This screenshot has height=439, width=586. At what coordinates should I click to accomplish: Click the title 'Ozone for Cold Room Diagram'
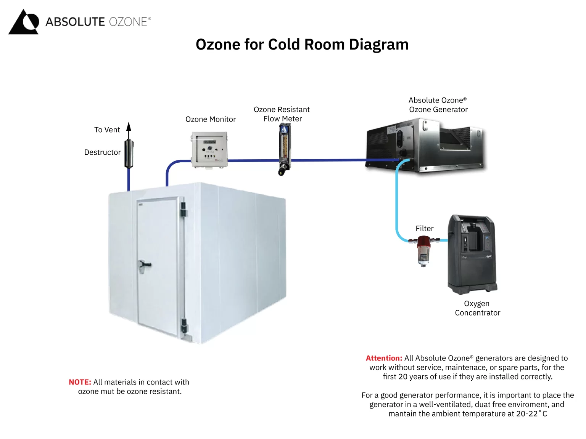click(x=302, y=45)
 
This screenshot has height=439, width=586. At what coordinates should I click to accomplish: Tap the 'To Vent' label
click(x=107, y=130)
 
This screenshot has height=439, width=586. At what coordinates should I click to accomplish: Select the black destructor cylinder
click(x=129, y=154)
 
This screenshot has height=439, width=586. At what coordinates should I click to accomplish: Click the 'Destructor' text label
click(x=102, y=152)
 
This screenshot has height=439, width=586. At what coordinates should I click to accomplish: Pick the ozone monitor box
click(x=209, y=149)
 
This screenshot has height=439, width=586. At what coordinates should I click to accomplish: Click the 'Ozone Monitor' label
click(x=210, y=119)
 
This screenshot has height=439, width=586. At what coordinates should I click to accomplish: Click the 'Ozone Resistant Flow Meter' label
click(x=282, y=114)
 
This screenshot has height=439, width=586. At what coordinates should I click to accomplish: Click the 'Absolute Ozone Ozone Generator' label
click(x=438, y=105)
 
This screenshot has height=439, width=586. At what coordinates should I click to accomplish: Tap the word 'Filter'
click(x=424, y=229)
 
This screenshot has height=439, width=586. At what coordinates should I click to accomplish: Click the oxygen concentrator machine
click(x=472, y=254)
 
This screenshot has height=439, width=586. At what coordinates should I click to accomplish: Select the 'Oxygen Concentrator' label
click(x=477, y=308)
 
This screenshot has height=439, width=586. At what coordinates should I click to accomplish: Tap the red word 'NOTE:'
click(x=80, y=382)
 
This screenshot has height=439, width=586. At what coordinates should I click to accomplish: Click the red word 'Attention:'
click(x=384, y=358)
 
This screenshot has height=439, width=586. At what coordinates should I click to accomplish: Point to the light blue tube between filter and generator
click(x=397, y=202)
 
